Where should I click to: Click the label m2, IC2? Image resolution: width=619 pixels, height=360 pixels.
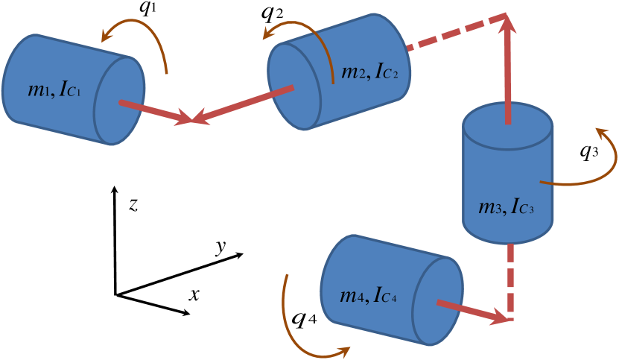369,72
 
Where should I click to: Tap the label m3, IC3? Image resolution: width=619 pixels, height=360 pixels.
506,206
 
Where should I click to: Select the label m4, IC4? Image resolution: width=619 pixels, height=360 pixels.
368,295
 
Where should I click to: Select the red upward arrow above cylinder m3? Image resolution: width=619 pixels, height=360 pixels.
508,67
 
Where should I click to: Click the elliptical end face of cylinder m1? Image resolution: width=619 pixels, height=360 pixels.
119,101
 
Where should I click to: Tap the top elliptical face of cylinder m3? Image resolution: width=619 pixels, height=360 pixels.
507,119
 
